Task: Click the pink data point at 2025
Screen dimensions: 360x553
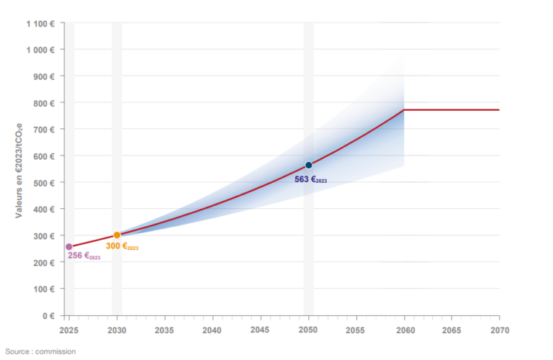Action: (69, 247)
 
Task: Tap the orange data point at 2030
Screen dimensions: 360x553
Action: (117, 235)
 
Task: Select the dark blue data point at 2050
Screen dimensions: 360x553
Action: (308, 165)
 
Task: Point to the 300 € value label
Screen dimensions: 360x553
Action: (122, 246)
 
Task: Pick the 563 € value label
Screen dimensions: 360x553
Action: (310, 179)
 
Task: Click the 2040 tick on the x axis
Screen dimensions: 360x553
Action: (212, 330)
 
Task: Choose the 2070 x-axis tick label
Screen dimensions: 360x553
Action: (499, 330)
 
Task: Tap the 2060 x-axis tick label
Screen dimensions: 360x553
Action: (404, 330)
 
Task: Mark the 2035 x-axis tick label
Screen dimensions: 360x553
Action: (165, 330)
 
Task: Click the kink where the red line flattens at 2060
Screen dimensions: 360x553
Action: (404, 109)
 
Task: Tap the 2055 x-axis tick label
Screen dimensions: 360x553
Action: (356, 330)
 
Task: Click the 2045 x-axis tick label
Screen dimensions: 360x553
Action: (261, 330)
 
